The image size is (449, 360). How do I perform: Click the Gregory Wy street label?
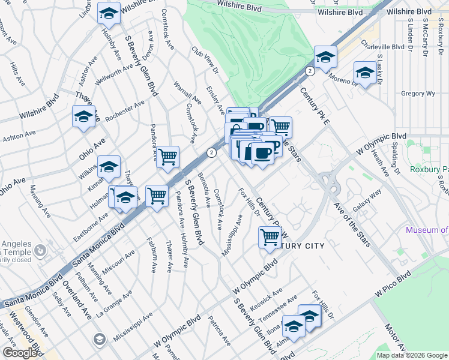[x=417, y=94]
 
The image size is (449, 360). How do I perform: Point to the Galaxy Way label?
[x=367, y=200]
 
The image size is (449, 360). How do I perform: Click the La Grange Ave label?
[x=114, y=305]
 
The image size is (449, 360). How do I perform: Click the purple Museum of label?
[x=427, y=230]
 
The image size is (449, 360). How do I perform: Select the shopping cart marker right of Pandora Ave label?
[x=169, y=157]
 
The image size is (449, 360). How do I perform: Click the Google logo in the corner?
[x=20, y=353]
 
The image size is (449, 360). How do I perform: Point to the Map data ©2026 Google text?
[x=411, y=355]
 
